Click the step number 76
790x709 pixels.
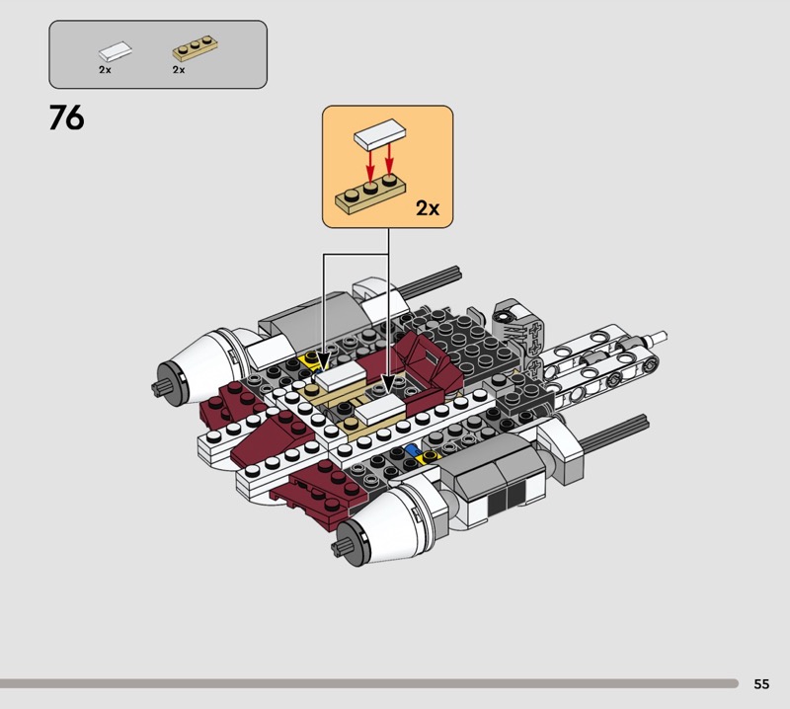(x=66, y=118)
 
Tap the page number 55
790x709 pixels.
(x=761, y=683)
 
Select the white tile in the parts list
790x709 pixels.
(x=116, y=51)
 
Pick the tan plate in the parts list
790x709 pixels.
(x=195, y=47)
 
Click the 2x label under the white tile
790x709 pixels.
(x=105, y=70)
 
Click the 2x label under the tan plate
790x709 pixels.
(x=179, y=70)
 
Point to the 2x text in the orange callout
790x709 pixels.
(x=428, y=207)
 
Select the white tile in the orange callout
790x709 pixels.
(x=380, y=134)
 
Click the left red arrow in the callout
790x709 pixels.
(x=370, y=165)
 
